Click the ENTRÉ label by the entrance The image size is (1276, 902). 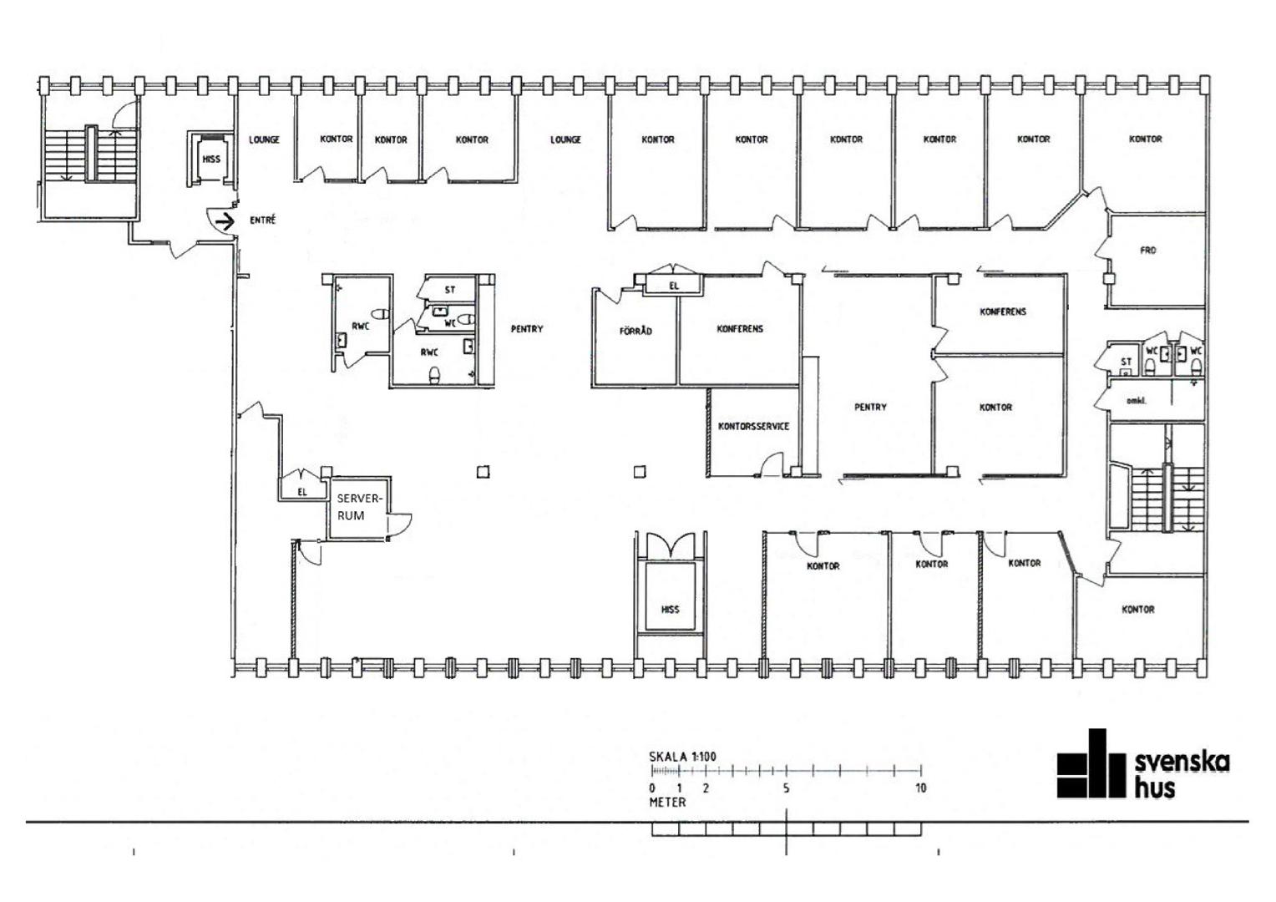[x=262, y=220]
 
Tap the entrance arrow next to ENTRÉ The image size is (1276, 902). [x=225, y=221]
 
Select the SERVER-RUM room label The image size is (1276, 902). [x=358, y=507]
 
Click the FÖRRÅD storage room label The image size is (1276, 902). [x=635, y=331]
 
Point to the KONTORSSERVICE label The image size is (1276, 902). [x=753, y=426]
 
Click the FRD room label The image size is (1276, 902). [x=1148, y=251]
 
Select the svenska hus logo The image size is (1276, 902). [x=1143, y=764]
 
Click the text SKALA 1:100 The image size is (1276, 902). [x=682, y=757]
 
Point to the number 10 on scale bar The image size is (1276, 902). [x=920, y=788]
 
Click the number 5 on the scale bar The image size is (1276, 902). [x=786, y=788]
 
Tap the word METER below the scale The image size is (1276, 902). [x=667, y=803]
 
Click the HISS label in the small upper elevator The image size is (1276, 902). [x=211, y=159]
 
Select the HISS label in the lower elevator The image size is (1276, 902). [x=670, y=609]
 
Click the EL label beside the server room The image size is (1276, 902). [x=302, y=492]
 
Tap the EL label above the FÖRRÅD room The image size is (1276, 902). [x=674, y=286]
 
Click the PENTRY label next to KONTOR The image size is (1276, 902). [x=870, y=407]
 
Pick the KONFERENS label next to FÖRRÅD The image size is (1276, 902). [x=740, y=329]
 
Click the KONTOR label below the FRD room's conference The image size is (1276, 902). [x=995, y=408]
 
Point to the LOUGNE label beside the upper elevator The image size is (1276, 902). [x=265, y=139]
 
